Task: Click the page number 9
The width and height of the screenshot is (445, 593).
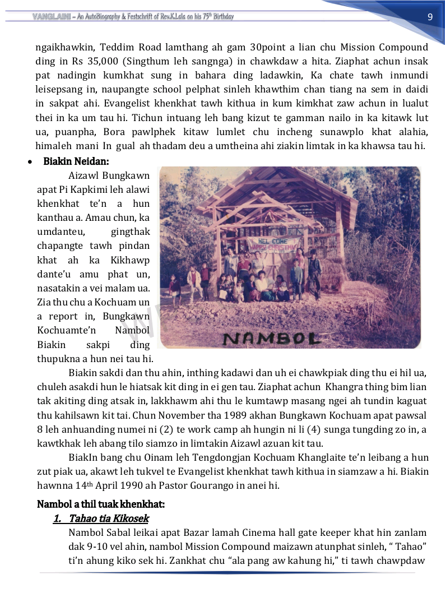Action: coord(430,16)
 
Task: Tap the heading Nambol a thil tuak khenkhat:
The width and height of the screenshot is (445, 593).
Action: coord(100,504)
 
